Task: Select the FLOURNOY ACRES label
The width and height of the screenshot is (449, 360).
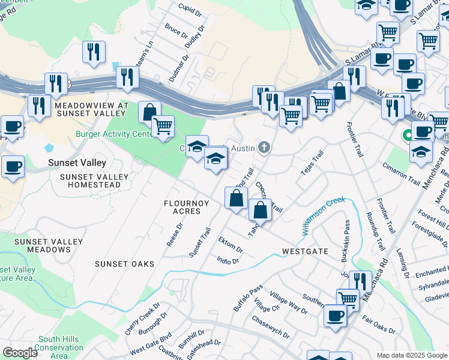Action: coord(187,207)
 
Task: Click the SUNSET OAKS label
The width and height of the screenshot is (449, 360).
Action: coord(125,264)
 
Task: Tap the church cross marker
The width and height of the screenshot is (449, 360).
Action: coord(264,148)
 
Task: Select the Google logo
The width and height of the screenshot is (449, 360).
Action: coord(20,352)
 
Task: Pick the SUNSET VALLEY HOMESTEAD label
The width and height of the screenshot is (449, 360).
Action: coord(94,181)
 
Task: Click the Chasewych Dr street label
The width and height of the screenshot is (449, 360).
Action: coord(270,326)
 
